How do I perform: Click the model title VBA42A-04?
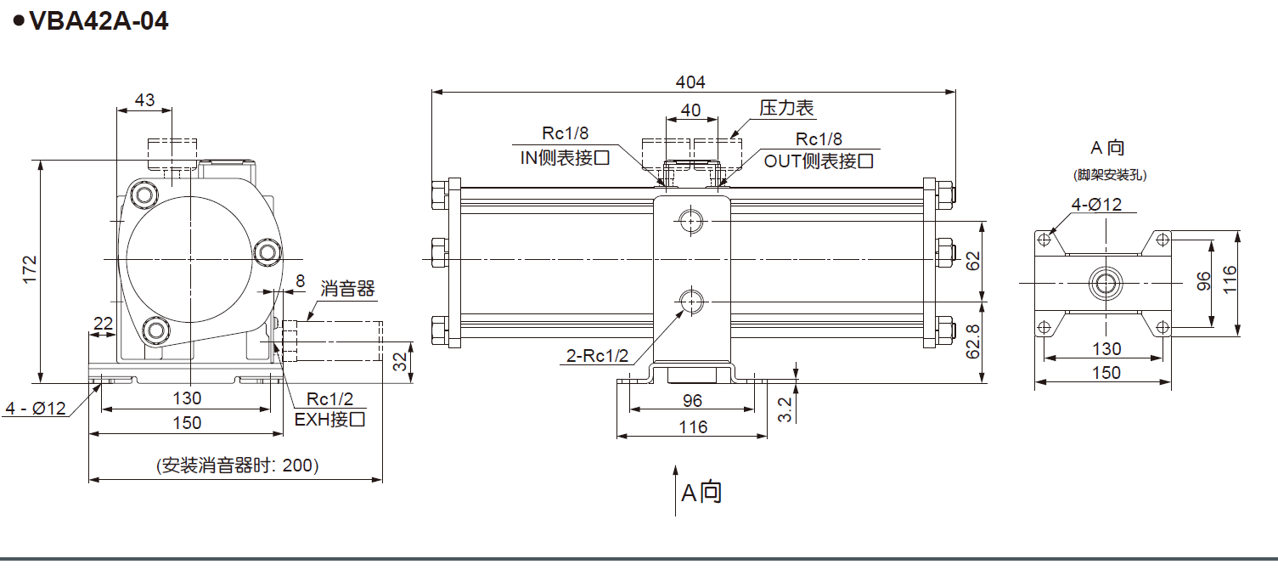coord(98,20)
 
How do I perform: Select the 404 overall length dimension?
coord(690,82)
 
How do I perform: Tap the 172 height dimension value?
coord(31,270)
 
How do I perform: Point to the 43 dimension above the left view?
coord(144,99)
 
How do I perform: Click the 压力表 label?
coord(786,108)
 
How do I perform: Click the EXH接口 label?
coord(329,419)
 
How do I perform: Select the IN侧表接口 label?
coord(565,157)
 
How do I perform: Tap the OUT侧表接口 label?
coord(819,160)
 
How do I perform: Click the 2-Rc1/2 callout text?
coord(598,355)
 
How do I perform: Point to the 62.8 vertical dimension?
coord(974,341)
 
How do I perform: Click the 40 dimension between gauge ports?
coord(691,110)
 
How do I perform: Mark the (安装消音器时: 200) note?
coord(237,465)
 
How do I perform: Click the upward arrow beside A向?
coord(676,489)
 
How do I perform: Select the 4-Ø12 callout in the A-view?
coord(1096,205)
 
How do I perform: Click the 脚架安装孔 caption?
coord(1110,176)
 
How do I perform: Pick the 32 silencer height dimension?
coord(399,364)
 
